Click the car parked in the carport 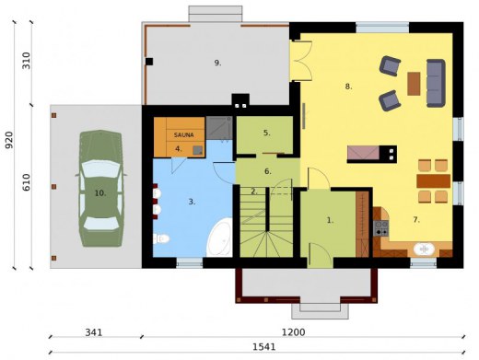pyautogui.click(x=99, y=190)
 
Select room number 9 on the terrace pyautogui.click(x=217, y=63)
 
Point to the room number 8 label pyautogui.click(x=348, y=87)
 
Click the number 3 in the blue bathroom pyautogui.click(x=192, y=200)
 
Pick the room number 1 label pyautogui.click(x=330, y=220)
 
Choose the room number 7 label pyautogui.click(x=415, y=220)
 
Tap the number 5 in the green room pyautogui.click(x=267, y=133)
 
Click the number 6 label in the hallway pyautogui.click(x=267, y=170)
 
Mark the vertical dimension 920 pyautogui.click(x=9, y=140)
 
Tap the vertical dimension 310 pyautogui.click(x=27, y=62)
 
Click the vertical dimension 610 pyautogui.click(x=27, y=182)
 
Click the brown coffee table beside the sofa pyautogui.click(x=414, y=84)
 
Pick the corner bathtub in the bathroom pyautogui.click(x=218, y=238)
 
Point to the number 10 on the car pyautogui.click(x=99, y=193)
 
